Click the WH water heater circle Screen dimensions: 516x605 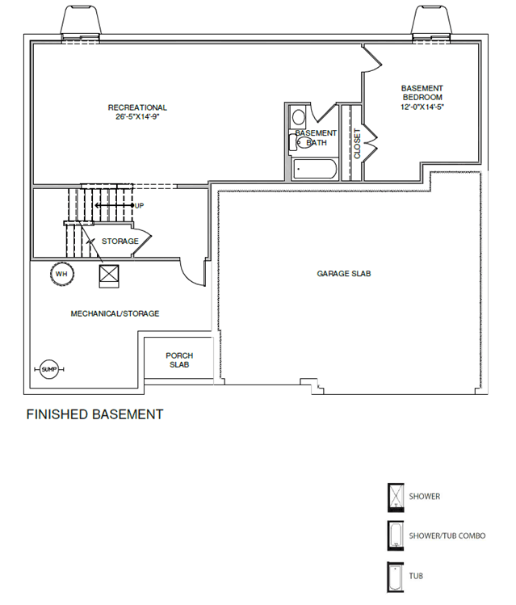point(62,274)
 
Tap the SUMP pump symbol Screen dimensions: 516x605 point(49,370)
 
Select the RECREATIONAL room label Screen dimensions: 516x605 point(137,107)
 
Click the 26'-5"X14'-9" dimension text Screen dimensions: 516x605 point(137,116)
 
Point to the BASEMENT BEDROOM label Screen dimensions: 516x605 point(422,93)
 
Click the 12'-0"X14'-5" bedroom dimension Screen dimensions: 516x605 point(422,107)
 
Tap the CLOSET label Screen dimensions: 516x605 point(357,144)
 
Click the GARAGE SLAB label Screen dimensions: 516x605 point(344,274)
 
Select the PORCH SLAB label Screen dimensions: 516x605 point(179,360)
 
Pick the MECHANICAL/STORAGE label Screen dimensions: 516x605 point(115,313)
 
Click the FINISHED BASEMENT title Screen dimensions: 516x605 point(94,414)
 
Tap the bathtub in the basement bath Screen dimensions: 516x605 point(315,169)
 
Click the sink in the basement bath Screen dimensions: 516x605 point(299,117)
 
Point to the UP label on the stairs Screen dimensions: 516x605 point(139,206)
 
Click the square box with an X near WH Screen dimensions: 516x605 point(109,276)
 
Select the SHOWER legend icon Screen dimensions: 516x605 point(396,498)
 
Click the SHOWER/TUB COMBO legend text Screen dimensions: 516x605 point(447,536)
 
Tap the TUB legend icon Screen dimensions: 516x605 point(395,577)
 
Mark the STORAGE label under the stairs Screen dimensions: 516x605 point(120,242)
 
